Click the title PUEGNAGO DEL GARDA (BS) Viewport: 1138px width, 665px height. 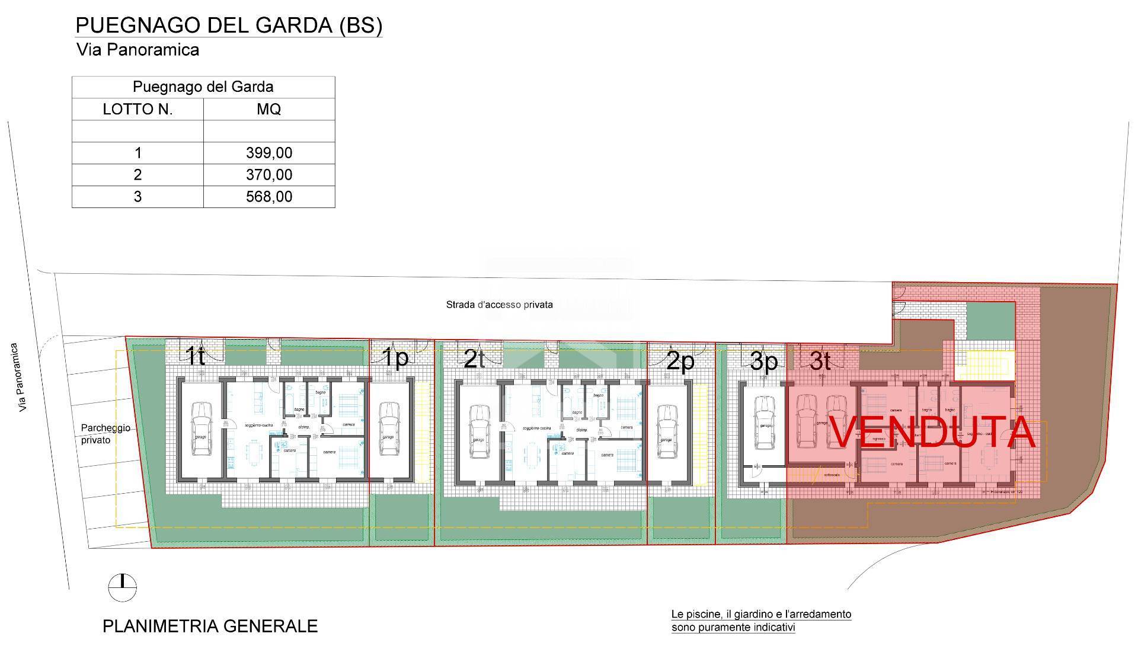coord(229,25)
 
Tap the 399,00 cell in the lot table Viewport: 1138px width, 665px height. coord(269,153)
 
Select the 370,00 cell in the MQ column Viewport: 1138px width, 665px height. coord(269,175)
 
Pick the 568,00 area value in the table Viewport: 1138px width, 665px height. coord(269,197)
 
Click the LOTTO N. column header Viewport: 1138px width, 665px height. coord(138,110)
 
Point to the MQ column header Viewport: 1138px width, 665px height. coord(269,110)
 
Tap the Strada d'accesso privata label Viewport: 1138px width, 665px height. coord(499,305)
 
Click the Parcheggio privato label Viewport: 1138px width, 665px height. coord(105,434)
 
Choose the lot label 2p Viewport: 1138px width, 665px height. coord(680,361)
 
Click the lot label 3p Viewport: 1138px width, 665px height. coord(763,362)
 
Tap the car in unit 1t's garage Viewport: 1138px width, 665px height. coord(202,429)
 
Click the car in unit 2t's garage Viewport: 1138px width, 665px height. coord(478,431)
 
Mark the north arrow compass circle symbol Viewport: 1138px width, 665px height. coord(122,587)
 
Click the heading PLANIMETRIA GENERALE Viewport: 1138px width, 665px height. coord(210,626)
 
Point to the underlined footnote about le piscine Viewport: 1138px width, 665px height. coord(761,621)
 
